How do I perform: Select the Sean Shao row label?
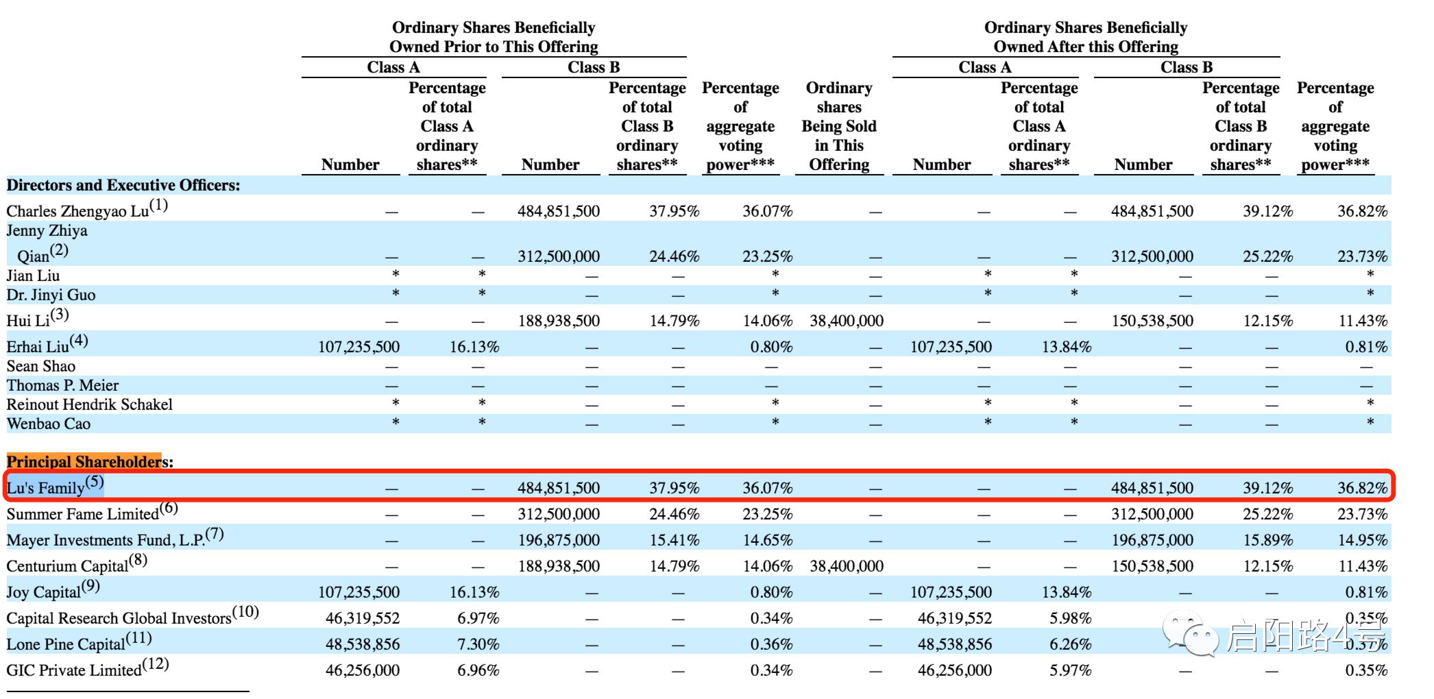pyautogui.click(x=41, y=367)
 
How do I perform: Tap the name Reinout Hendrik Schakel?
pyautogui.click(x=90, y=405)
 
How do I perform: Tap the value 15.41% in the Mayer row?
pyautogui.click(x=674, y=540)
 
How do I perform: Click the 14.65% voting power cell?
pyautogui.click(x=767, y=540)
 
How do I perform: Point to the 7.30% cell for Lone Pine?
pyautogui.click(x=478, y=644)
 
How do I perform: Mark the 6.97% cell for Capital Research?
pyautogui.click(x=478, y=618)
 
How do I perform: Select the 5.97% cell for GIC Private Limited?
pyautogui.click(x=1070, y=670)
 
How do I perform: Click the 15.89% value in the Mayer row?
pyautogui.click(x=1267, y=540)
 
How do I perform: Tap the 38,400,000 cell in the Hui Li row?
pyautogui.click(x=846, y=321)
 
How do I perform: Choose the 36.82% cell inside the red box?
pyautogui.click(x=1362, y=488)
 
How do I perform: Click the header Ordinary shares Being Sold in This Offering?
pyautogui.click(x=839, y=126)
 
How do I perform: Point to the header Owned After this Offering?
pyautogui.click(x=1086, y=47)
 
